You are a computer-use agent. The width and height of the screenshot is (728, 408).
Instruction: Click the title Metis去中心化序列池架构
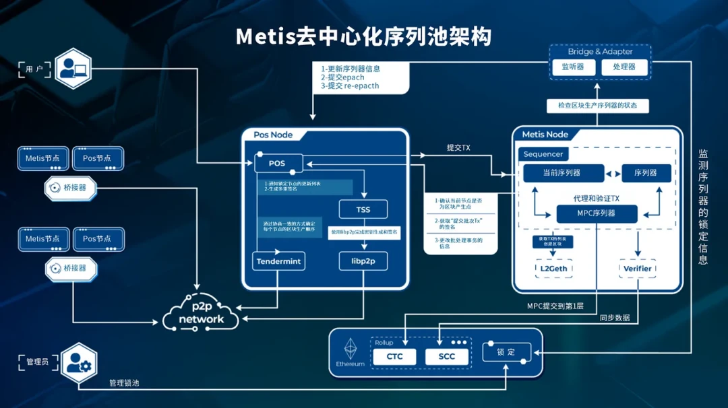pos(363,36)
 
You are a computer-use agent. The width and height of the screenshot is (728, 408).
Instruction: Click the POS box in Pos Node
pos(278,163)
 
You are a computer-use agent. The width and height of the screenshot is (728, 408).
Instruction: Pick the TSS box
pos(363,209)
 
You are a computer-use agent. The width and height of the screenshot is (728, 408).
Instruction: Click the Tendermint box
pos(279,261)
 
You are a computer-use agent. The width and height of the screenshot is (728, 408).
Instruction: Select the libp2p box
pos(363,261)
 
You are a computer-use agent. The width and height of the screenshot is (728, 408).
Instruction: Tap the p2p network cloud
pos(201,314)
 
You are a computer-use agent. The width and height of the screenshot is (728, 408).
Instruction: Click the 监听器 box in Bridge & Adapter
pos(568,67)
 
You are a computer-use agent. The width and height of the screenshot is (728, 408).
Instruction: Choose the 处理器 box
pos(624,67)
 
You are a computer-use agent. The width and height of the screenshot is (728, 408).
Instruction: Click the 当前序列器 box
pos(561,173)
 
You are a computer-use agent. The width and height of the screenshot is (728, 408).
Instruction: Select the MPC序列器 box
pos(597,214)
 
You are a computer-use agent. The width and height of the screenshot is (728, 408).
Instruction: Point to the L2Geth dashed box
pos(553,269)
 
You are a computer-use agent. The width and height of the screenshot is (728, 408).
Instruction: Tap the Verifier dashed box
pos(638,269)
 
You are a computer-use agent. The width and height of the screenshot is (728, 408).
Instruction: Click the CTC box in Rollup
pos(395,356)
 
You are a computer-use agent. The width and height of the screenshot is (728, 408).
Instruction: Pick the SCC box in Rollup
pos(447,356)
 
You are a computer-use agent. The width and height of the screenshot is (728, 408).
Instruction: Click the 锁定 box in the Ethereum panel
pos(506,352)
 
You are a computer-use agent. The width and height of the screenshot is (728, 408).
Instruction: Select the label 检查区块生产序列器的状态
pos(598,106)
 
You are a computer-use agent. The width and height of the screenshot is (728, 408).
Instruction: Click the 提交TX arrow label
pos(458,147)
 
